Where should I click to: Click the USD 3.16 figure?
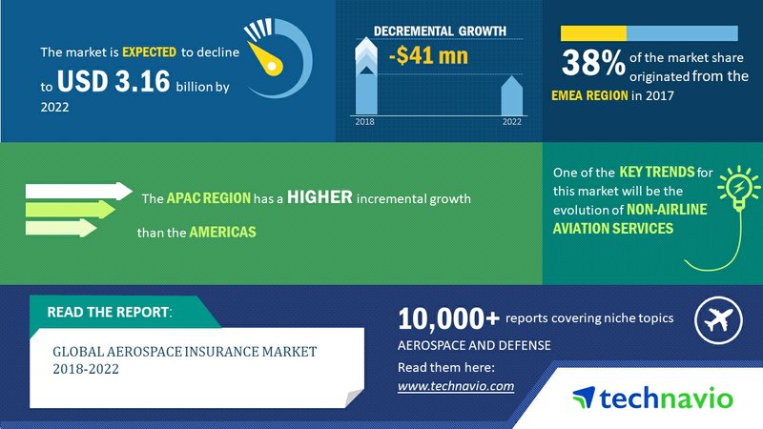[113, 81]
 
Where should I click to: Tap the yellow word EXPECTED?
[149, 52]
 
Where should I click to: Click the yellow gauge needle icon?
[266, 59]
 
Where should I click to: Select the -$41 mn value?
[428, 55]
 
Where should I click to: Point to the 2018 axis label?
[364, 122]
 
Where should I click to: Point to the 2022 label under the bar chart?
[512, 122]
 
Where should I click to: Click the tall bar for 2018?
[366, 76]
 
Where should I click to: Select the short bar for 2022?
[512, 96]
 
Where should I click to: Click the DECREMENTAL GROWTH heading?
[440, 31]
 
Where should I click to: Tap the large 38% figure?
[592, 63]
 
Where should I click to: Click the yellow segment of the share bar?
[593, 33]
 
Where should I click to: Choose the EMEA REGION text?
[589, 95]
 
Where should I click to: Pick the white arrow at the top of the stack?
[79, 192]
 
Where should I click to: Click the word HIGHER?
[320, 197]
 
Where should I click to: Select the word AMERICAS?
[222, 232]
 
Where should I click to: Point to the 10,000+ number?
[448, 319]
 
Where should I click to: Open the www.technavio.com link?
[456, 386]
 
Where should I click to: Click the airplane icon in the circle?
[718, 320]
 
